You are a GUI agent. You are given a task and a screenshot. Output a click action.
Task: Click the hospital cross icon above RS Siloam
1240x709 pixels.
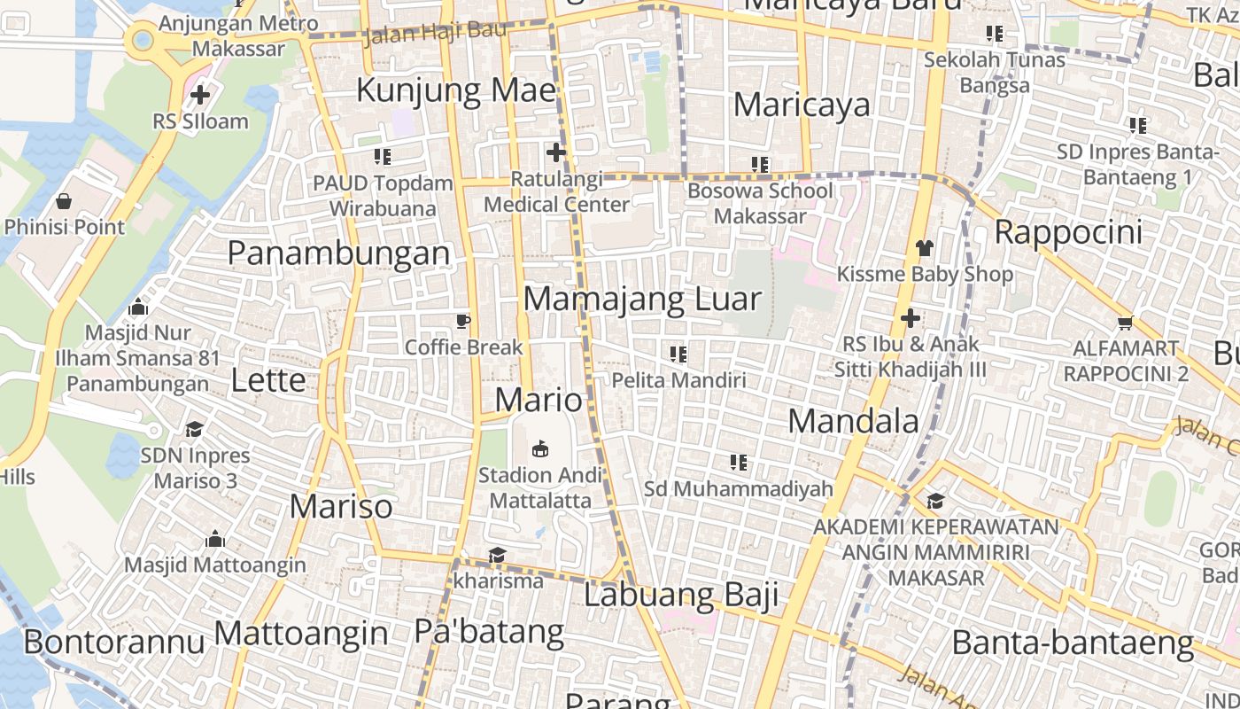point(200,94)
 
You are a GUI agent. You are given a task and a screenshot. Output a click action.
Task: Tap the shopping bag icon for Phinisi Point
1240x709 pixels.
point(64,201)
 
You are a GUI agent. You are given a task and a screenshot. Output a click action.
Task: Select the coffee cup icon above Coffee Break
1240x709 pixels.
point(462,321)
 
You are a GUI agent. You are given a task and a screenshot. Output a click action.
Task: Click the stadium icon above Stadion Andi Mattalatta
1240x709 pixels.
point(540,448)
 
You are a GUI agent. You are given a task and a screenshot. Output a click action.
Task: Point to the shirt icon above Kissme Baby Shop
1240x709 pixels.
point(925,247)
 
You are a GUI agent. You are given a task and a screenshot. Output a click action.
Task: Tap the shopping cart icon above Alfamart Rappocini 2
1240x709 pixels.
point(1125,323)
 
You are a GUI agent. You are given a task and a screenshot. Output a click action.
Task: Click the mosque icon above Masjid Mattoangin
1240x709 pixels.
point(214,539)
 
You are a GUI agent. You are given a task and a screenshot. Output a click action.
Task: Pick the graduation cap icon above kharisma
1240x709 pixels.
point(497,556)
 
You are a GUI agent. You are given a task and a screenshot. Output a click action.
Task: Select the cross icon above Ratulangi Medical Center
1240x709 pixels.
point(556,152)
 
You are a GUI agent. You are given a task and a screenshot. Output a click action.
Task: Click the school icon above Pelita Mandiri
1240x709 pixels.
point(678,354)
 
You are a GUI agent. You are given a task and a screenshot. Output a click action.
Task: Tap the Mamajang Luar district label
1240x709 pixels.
point(642,299)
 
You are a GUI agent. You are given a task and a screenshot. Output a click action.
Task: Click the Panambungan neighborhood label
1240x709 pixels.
point(338,253)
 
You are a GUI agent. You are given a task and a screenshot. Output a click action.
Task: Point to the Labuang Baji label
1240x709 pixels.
point(681,594)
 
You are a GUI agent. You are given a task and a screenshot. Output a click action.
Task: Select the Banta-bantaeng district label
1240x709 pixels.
point(1073,642)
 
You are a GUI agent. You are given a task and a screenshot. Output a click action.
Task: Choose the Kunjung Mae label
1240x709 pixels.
point(456,90)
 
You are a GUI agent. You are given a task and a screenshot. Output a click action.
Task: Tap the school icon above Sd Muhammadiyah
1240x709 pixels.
point(738,462)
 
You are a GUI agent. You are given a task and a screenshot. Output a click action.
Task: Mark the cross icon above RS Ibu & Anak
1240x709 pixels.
point(910,318)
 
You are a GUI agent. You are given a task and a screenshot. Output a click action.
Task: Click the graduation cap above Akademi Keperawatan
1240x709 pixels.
point(935,502)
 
